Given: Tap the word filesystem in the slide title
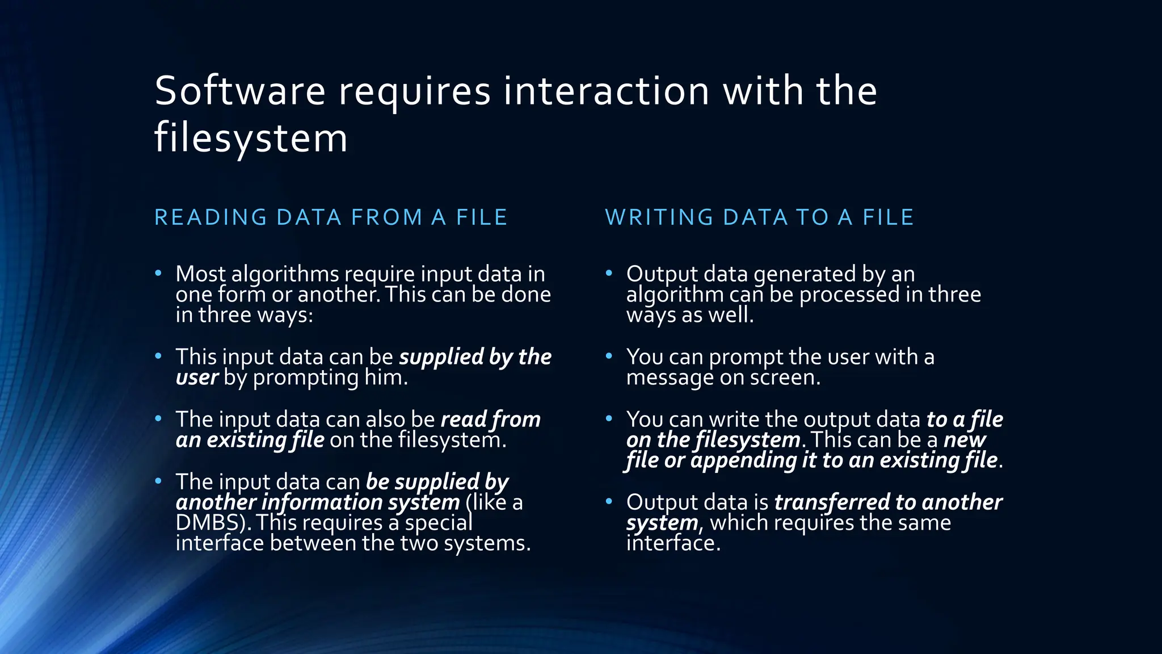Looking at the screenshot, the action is (x=251, y=138).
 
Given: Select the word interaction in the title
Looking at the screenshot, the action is (x=606, y=91).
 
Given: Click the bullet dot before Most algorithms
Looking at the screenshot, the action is (x=159, y=274).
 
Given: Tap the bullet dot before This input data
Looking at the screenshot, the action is (x=159, y=357).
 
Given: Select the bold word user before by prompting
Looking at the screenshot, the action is (x=197, y=378).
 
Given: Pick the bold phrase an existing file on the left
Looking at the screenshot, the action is (x=250, y=440).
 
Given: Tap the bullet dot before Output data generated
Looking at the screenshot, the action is (x=609, y=274).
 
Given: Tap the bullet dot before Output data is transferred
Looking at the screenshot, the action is (x=609, y=502).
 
